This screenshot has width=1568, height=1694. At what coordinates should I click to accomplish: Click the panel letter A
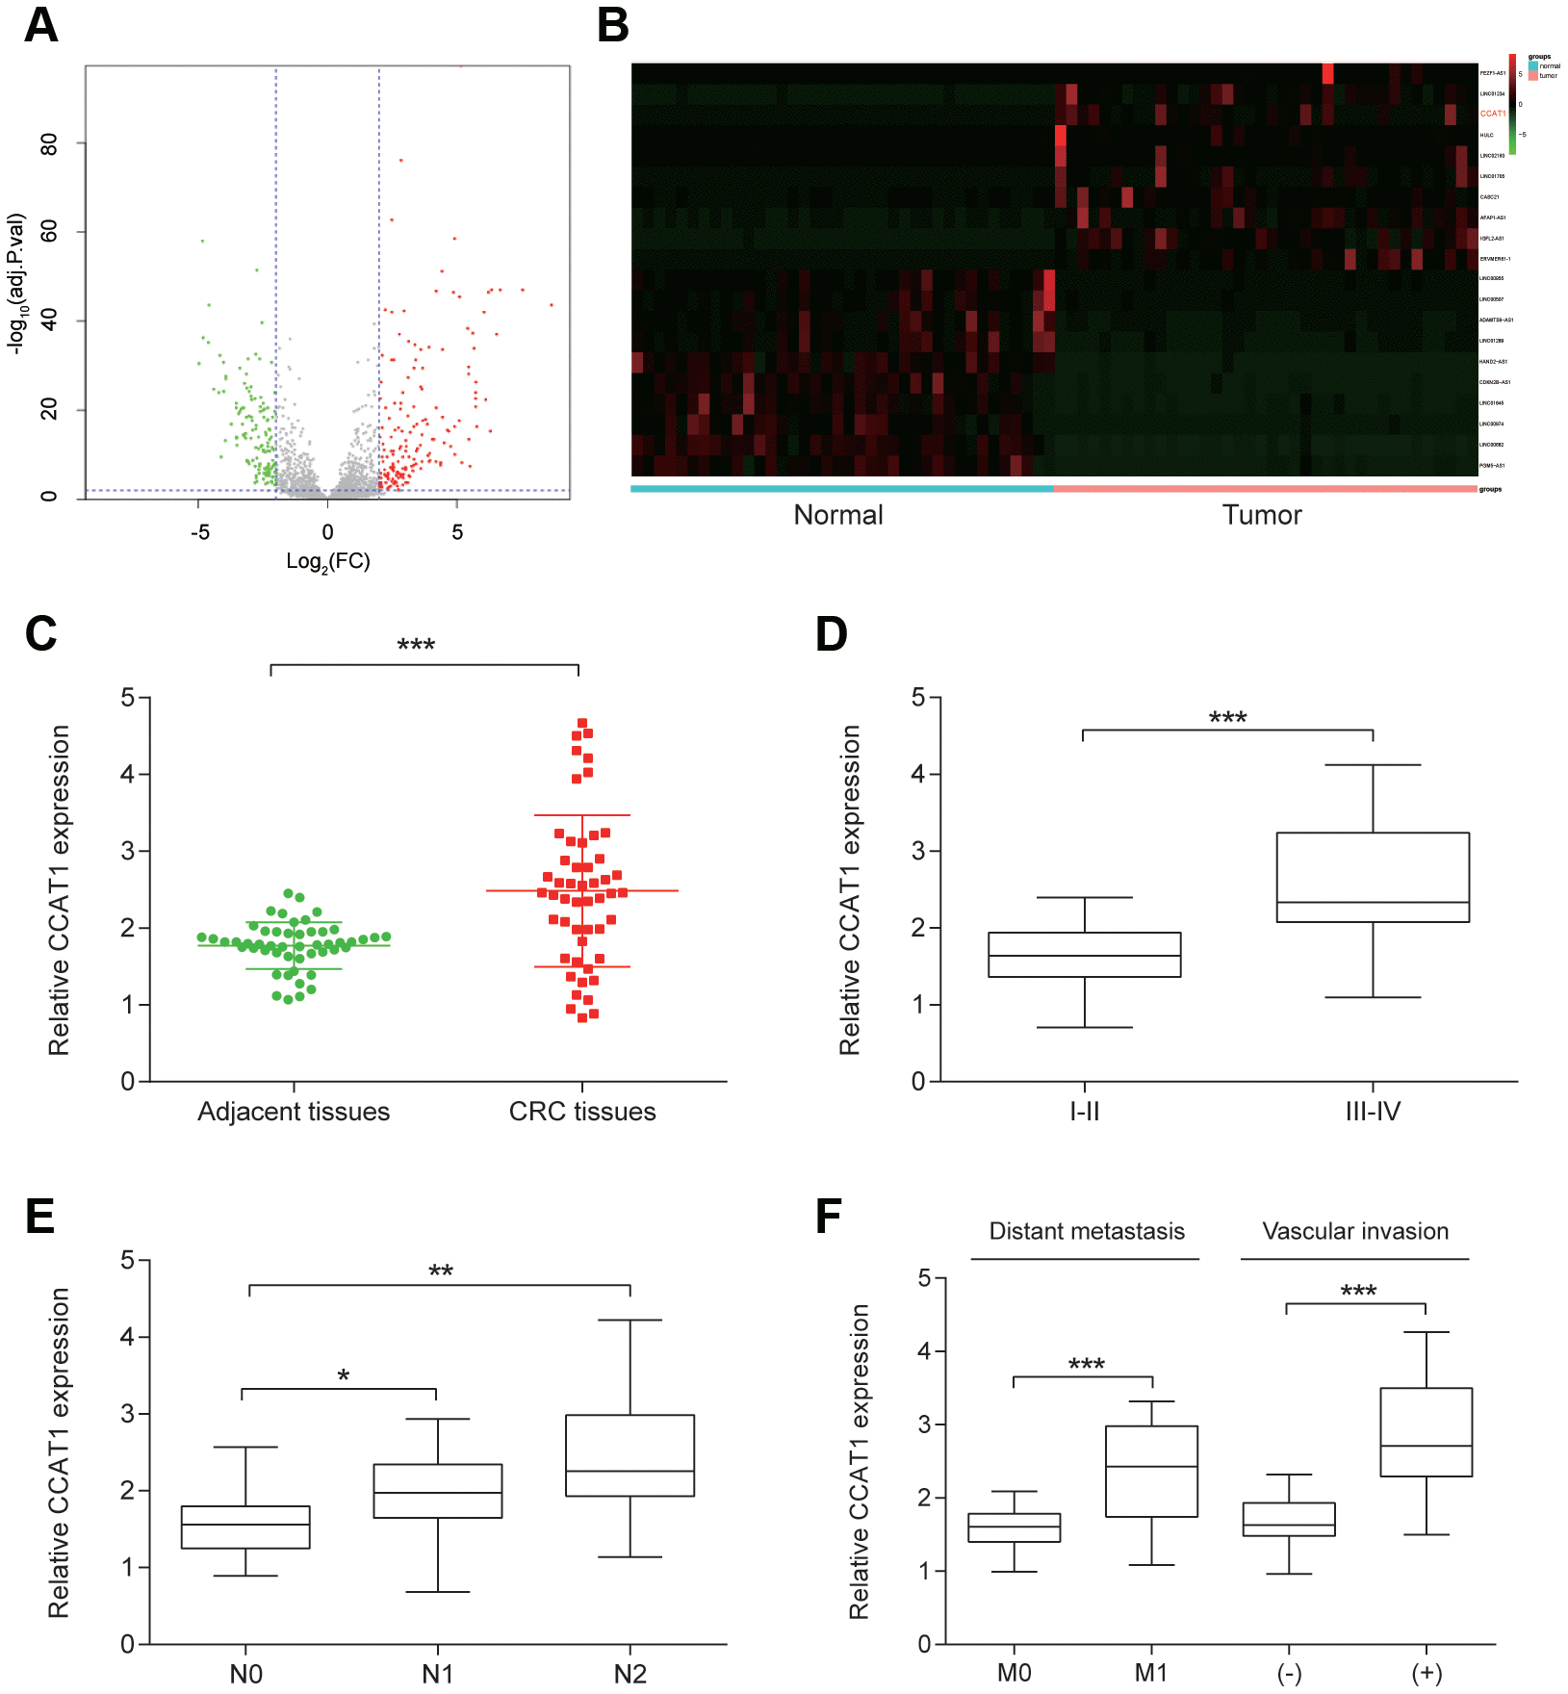pos(40,26)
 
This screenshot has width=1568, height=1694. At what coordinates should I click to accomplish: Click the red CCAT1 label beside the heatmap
pos(1492,114)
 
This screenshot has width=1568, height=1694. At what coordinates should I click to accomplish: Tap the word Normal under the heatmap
pos(837,515)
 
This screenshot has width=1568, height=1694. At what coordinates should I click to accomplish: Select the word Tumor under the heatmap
pos(1261,515)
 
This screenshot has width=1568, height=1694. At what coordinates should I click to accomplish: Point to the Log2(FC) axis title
pos(327,561)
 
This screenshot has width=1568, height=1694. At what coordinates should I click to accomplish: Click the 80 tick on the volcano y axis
pos(48,144)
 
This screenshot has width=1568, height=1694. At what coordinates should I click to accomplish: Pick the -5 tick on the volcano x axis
pos(199,532)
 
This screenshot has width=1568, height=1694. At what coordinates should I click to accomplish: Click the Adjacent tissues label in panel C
pos(294,1112)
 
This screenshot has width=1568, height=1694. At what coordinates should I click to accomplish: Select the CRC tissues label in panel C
pos(581,1112)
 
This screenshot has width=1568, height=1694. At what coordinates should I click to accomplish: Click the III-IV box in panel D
pos(1373,877)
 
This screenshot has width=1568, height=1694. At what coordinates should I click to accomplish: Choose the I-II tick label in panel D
pos(1084,1112)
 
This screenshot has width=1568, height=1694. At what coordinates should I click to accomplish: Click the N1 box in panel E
pos(438,1491)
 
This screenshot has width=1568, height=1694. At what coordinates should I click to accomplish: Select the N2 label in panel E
pos(630,1674)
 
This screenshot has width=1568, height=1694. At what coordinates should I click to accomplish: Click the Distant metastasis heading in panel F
pos(1087,1231)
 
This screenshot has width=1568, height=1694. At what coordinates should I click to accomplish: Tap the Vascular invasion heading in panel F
pos(1354,1231)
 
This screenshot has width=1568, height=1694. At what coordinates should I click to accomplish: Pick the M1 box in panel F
pos(1151,1471)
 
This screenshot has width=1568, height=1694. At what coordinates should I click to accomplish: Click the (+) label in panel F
pos(1427,1674)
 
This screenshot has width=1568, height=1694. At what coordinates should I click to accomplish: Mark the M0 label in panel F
pos(1014,1674)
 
